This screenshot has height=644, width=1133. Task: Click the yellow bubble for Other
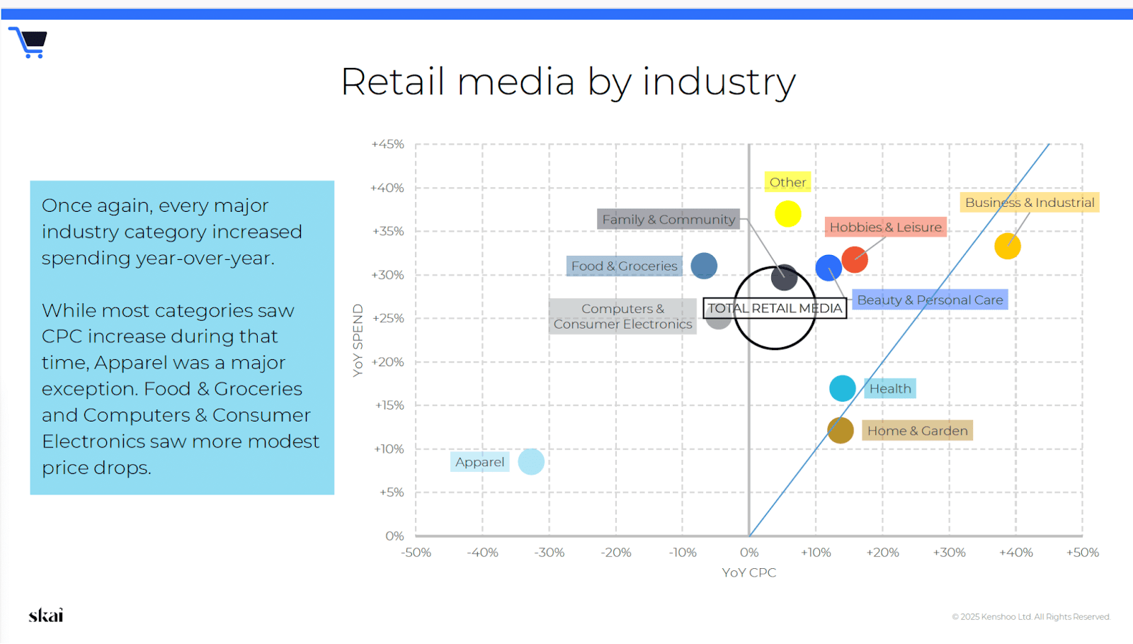tap(787, 213)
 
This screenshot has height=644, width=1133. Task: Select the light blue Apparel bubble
tap(531, 461)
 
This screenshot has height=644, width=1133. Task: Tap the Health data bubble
tap(842, 388)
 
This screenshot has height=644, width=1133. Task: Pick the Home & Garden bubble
tap(840, 431)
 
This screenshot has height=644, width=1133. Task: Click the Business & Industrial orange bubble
tap(1007, 247)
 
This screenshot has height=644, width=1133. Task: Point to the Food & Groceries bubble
tap(704, 266)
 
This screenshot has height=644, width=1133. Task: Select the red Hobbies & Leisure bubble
tap(854, 259)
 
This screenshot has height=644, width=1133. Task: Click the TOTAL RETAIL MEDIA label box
tap(775, 308)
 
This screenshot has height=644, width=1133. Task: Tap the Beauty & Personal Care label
tap(930, 300)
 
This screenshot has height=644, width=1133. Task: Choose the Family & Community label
tap(668, 220)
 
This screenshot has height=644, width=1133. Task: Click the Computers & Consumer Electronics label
tap(622, 316)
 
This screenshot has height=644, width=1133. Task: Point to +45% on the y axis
tap(387, 145)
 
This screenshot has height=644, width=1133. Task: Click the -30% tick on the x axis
tap(550, 553)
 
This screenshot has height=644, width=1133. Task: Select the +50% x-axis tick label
tap(1083, 553)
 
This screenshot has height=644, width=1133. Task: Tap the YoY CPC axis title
tap(748, 572)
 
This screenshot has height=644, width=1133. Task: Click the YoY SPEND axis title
tap(358, 341)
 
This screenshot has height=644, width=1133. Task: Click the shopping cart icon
tap(28, 43)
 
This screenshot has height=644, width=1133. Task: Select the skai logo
tap(45, 615)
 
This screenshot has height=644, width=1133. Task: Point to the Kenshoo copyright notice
tap(1031, 616)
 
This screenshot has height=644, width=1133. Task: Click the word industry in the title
tap(719, 82)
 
